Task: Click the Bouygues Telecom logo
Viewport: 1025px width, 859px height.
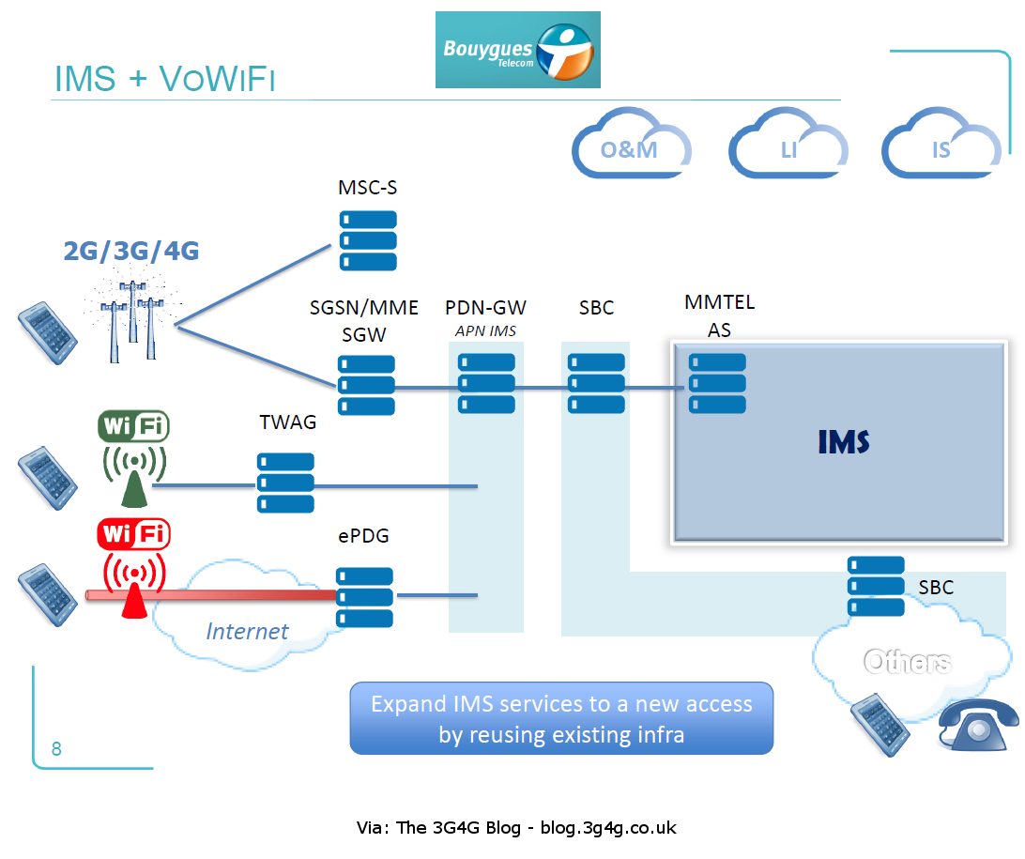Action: [x=517, y=50]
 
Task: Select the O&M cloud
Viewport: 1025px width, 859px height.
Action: [x=630, y=146]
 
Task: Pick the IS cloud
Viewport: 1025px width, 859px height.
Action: [x=941, y=146]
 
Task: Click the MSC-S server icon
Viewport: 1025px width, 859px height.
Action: [x=368, y=240]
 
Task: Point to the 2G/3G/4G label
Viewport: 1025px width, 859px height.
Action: [x=131, y=251]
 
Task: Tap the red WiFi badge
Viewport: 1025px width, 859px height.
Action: [x=133, y=534]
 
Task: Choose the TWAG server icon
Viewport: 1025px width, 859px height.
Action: [x=285, y=483]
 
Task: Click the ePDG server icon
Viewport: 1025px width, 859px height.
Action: [x=365, y=597]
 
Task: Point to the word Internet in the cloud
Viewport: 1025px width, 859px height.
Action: [x=247, y=631]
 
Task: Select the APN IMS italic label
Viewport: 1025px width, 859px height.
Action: [x=485, y=330]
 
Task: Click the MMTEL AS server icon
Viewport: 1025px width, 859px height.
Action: [x=717, y=383]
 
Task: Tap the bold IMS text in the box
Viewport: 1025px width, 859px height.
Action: [x=843, y=441]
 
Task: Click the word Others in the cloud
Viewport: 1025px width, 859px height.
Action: [x=907, y=662]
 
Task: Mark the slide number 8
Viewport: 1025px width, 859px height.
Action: [x=56, y=748]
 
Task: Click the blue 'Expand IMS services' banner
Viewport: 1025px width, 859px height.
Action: [x=561, y=718]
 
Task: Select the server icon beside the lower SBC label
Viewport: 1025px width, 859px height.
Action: [x=876, y=586]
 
